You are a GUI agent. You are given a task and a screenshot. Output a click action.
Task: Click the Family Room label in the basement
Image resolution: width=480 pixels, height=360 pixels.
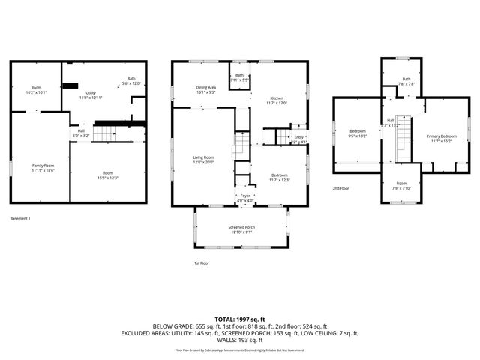[43, 166]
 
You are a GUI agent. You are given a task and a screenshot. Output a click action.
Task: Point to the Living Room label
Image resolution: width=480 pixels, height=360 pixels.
[204, 159]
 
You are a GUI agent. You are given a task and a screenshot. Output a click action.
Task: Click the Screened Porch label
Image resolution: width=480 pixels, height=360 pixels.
[241, 229]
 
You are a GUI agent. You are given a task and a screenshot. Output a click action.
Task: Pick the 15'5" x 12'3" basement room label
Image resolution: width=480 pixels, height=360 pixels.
[109, 175]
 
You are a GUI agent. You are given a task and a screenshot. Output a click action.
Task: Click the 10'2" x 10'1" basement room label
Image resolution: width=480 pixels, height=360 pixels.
[36, 89]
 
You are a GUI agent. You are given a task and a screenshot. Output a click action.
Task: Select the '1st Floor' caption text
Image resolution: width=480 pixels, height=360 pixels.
[202, 262]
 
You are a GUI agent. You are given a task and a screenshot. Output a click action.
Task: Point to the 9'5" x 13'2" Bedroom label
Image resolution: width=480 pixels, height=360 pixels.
[357, 134]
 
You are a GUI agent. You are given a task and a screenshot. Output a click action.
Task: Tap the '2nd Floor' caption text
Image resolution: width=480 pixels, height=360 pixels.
[342, 188]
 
